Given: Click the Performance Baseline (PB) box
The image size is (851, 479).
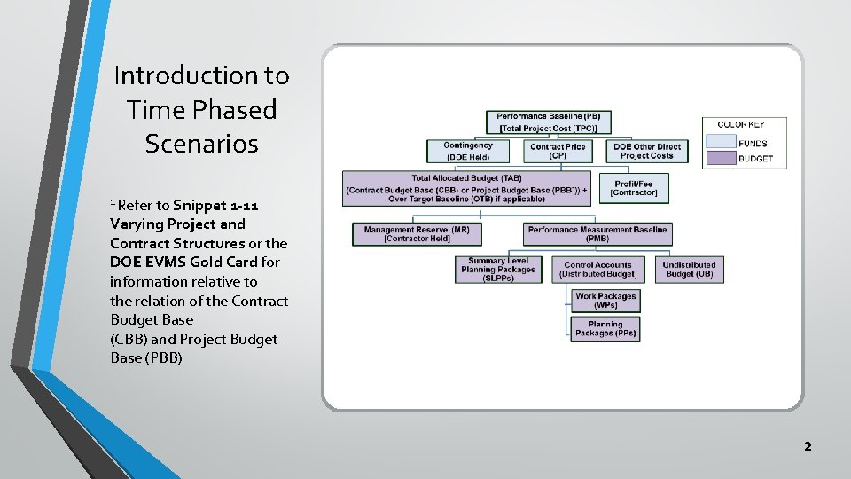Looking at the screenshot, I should [548, 122].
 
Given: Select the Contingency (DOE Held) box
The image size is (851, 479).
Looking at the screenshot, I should [468, 151].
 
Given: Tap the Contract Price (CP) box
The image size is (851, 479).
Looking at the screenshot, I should [558, 151].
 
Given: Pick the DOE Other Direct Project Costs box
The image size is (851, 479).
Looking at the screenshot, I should [646, 151].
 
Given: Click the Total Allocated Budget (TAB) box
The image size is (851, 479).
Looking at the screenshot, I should [466, 189].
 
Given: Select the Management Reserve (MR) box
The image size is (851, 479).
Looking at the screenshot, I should [417, 233].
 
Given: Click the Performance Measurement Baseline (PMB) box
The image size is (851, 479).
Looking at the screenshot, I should [597, 233].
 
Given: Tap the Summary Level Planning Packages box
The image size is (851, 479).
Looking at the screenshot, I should [498, 270].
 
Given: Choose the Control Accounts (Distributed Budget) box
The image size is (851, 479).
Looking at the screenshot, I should [597, 270].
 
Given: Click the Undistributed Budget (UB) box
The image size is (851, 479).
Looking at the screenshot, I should [689, 270].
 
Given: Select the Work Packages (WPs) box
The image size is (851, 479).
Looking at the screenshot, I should [605, 301].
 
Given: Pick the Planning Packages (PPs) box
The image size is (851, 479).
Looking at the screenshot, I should [605, 329].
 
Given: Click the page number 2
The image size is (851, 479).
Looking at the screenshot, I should [807, 446].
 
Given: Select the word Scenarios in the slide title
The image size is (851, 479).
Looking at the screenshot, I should [201, 144].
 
